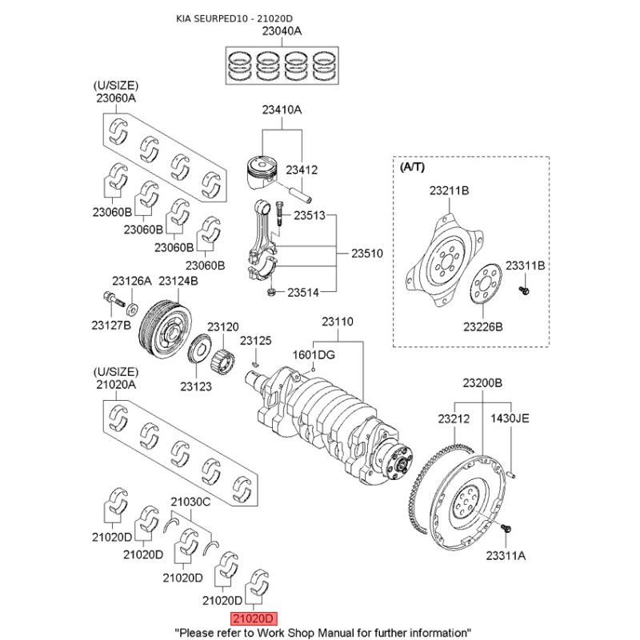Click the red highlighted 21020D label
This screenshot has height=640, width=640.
253,618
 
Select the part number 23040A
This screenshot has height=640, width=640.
282,32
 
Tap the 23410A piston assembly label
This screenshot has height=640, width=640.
281,110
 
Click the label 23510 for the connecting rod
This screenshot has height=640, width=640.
367,254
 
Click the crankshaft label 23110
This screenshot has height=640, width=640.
337,322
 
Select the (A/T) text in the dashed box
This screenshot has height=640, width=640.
414,167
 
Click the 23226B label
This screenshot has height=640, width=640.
482,326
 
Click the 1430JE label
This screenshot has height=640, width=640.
510,418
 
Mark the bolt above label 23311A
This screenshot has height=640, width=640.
506,529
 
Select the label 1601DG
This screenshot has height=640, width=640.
314,354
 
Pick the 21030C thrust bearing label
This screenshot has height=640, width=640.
190,502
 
